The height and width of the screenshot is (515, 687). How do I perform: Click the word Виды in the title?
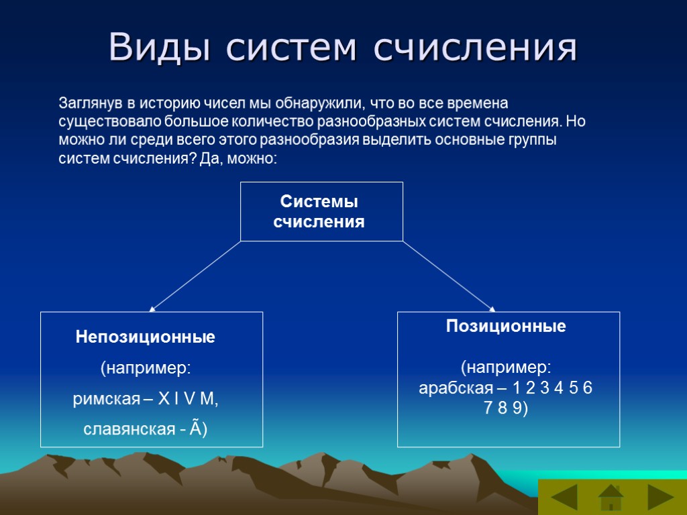click(159, 48)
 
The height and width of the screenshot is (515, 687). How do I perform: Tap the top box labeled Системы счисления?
click(321, 211)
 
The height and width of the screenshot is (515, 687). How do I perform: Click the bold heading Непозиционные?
click(146, 337)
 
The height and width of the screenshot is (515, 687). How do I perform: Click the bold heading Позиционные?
click(507, 327)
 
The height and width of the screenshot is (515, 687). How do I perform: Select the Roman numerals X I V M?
click(189, 400)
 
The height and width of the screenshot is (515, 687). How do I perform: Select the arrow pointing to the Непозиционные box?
click(195, 276)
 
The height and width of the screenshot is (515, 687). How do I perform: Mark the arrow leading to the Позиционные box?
click(448, 276)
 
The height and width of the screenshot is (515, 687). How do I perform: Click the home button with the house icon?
click(611, 498)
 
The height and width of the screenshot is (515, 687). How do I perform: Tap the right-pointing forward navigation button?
click(660, 498)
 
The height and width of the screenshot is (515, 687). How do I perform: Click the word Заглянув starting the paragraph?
click(90, 104)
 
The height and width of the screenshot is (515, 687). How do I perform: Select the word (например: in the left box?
click(146, 369)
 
